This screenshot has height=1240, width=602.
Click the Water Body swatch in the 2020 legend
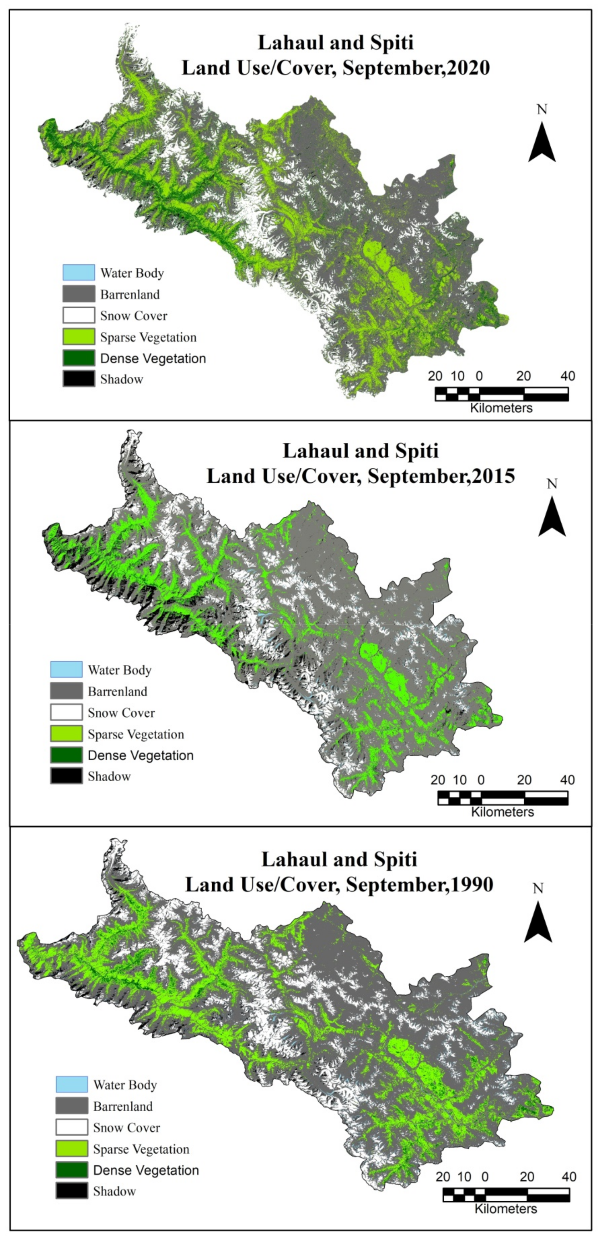pyautogui.click(x=78, y=272)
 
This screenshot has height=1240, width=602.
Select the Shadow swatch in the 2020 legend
pyautogui.click(x=78, y=379)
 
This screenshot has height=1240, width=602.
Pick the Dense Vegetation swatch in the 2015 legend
pyautogui.click(x=66, y=755)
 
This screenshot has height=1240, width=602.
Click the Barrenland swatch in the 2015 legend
pyautogui.click(x=66, y=691)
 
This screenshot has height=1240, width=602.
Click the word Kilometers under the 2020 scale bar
pyautogui.click(x=501, y=408)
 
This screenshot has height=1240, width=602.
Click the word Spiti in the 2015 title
pyautogui.click(x=416, y=451)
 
